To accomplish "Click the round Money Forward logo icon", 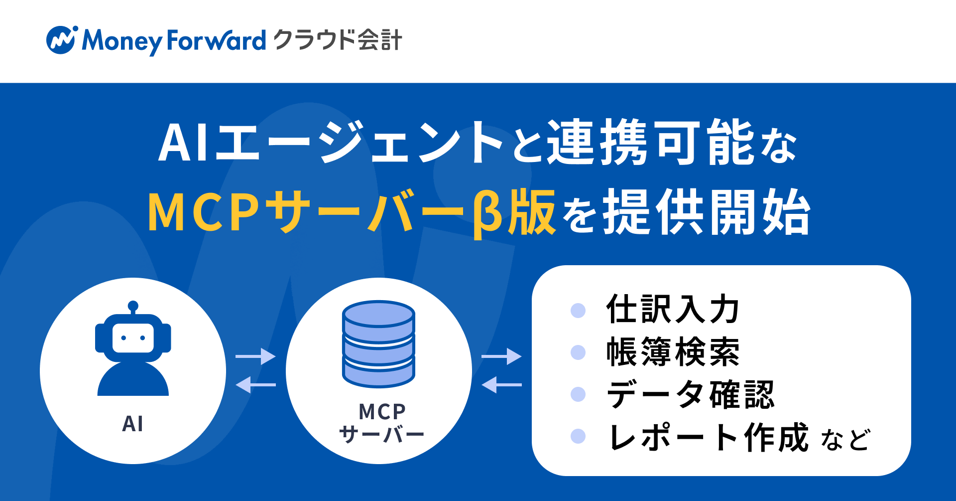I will [61, 40].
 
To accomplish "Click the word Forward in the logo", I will [216, 40].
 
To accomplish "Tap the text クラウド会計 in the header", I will [338, 40].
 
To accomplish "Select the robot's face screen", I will [133, 338].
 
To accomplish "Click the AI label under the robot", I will [132, 424].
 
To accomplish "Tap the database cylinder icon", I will [378, 344].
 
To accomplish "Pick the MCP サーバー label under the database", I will [381, 423].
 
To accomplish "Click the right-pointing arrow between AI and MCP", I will [255, 356].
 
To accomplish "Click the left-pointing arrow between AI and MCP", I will [255, 385].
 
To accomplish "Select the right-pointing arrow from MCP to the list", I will [501, 356].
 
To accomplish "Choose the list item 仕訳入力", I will [672, 309].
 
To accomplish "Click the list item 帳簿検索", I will [672, 352].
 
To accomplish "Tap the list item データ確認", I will [690, 394].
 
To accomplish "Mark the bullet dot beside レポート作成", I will [578, 436].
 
